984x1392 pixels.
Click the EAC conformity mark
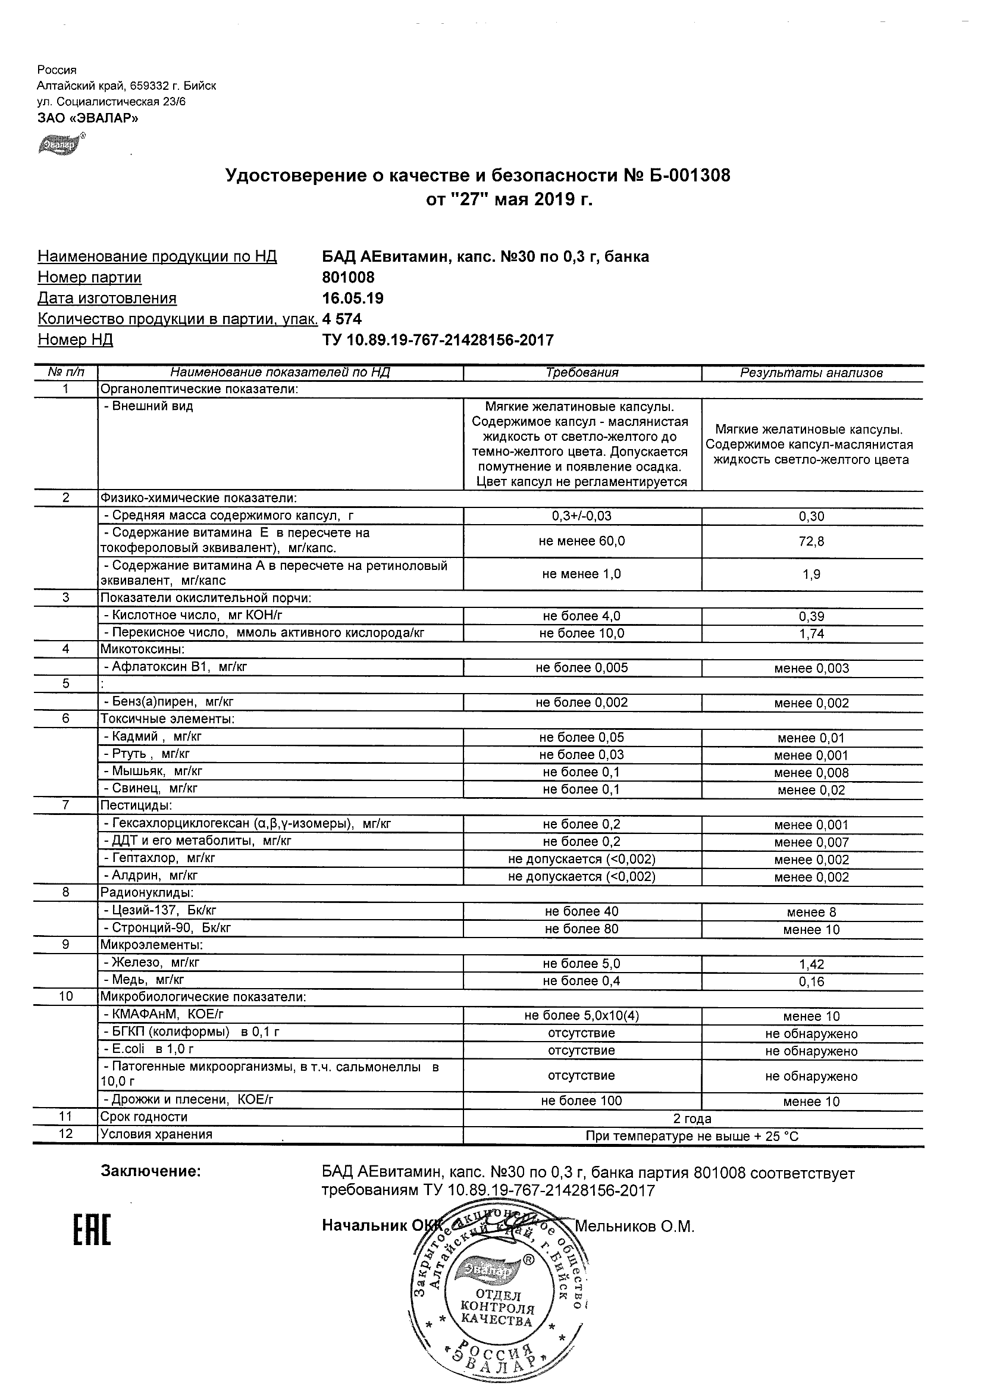point(92,1231)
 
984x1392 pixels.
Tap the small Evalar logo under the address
point(59,145)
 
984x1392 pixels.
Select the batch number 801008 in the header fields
point(348,278)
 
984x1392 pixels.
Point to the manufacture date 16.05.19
point(352,298)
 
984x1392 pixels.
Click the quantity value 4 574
point(342,319)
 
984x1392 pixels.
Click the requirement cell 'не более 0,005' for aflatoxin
point(581,668)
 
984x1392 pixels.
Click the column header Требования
point(581,373)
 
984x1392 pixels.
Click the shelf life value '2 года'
point(692,1118)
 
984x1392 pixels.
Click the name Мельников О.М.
point(634,1227)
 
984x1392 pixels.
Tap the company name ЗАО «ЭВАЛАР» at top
point(88,118)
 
